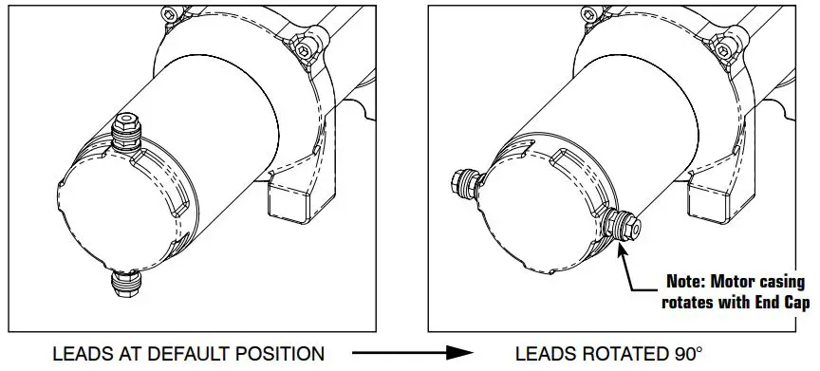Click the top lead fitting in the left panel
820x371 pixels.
pos(126,130)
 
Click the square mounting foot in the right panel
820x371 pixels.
pos(711,199)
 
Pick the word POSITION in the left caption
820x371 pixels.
pos(280,354)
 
